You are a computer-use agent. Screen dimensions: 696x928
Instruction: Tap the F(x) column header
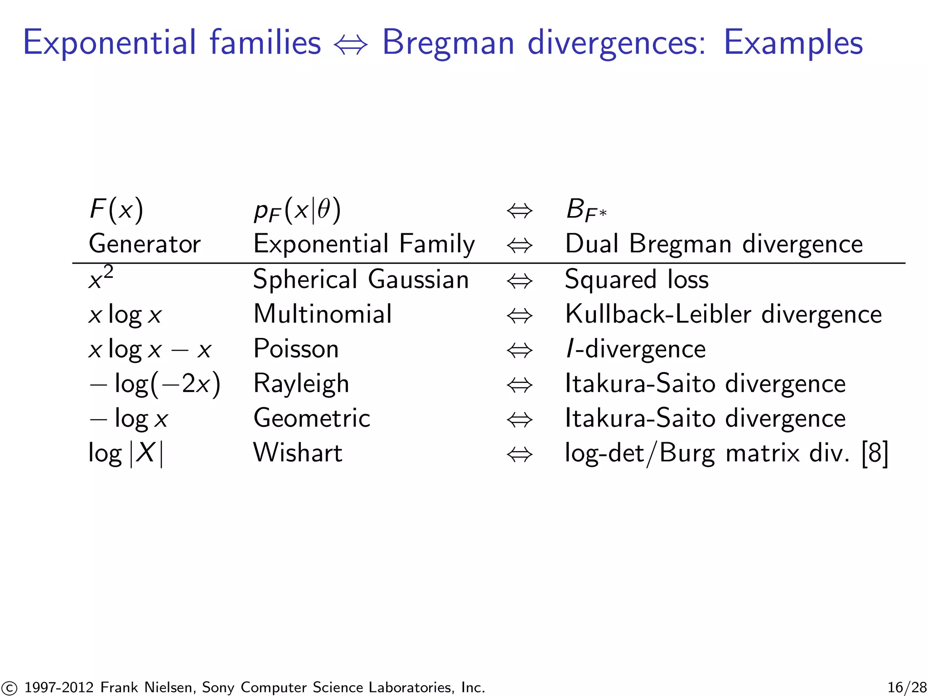pos(116,210)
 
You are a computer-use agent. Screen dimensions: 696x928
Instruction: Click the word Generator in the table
pos(145,244)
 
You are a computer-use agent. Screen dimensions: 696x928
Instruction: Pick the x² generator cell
pos(101,278)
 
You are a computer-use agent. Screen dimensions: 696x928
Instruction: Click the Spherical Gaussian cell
pos(361,279)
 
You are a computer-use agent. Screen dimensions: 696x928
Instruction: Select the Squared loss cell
pos(637,279)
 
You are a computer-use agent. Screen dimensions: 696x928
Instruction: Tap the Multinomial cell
pos(322,314)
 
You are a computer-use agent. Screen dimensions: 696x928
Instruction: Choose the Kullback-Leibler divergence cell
pos(723,314)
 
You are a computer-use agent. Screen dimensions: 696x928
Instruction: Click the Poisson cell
pos(296,349)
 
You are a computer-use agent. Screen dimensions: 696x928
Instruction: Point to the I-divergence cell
pos(635,349)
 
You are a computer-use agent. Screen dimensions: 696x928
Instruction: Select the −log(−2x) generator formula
pos(155,384)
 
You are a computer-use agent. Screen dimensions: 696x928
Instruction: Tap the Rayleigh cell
pos(301,384)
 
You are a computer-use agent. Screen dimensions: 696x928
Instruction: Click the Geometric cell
pos(312,418)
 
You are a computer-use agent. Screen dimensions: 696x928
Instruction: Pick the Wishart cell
pos(298,453)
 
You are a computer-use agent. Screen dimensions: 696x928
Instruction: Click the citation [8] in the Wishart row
pos(875,453)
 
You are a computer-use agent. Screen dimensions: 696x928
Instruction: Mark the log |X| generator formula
pos(126,453)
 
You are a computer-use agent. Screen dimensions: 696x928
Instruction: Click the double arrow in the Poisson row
pos(519,350)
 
